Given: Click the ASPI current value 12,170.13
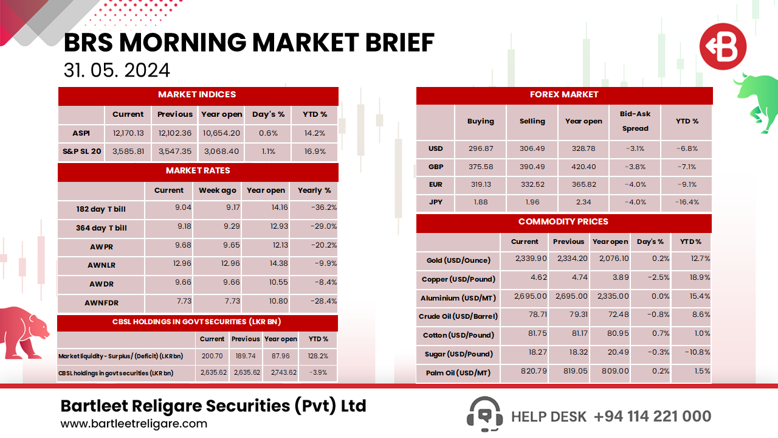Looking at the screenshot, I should coord(128,133).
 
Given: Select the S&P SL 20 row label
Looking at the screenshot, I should coord(81,151).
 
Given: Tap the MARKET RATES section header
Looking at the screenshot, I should coord(198,171).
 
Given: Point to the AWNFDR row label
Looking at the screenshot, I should coord(101,302).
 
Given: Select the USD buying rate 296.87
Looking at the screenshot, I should coord(481,148).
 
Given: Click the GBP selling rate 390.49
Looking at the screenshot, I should coord(532,167).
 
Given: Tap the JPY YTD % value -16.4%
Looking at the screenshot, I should coord(687,203).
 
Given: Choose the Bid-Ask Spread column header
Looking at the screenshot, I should coord(635,121).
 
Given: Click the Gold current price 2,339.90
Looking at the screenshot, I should coord(531,259).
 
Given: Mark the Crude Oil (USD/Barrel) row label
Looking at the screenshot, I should coord(458,316).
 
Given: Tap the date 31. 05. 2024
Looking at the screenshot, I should coord(117,70).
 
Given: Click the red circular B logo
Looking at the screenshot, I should coord(722,47).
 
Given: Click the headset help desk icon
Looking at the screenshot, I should coord(484,414).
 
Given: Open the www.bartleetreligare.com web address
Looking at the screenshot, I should coord(134,424).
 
